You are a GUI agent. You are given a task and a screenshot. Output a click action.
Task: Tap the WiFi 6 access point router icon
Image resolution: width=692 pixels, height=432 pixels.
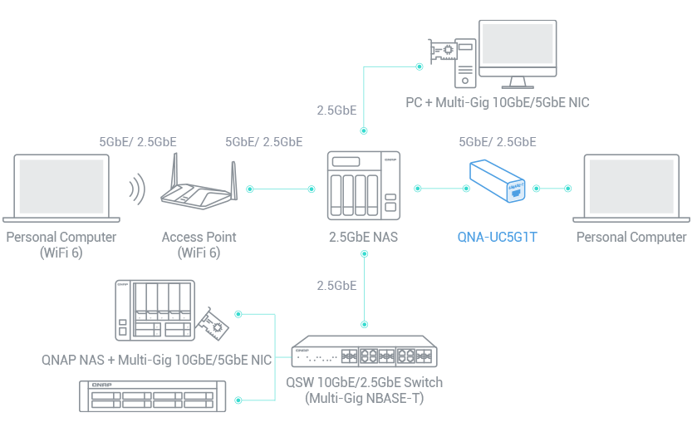(199, 188)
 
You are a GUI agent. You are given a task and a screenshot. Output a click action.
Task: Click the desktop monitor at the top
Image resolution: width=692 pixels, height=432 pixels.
(518, 52)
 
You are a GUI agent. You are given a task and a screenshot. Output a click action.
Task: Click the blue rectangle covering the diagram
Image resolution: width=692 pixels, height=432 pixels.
(500, 200)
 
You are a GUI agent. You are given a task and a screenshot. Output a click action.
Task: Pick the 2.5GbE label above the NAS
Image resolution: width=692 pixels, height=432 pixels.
(336, 110)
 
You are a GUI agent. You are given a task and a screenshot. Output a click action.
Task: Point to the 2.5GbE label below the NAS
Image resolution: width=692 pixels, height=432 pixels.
(336, 286)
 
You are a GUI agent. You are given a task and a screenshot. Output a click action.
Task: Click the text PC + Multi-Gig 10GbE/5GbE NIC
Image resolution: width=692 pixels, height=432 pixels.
(498, 102)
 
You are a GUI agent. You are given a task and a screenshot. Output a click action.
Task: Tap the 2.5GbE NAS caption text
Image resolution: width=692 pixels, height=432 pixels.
(363, 238)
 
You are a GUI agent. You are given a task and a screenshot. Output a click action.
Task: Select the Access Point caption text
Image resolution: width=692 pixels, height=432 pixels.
(199, 244)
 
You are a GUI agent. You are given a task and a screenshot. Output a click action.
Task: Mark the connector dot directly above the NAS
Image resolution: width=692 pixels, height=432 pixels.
(364, 131)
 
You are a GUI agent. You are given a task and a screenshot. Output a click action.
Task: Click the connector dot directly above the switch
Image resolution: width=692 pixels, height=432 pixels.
(364, 322)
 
